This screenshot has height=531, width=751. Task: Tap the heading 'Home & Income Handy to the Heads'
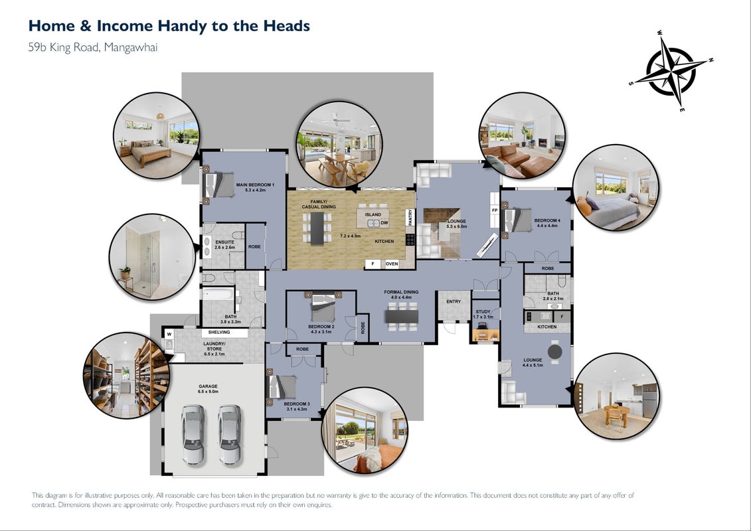169,26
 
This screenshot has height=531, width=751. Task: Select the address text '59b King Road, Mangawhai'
93,47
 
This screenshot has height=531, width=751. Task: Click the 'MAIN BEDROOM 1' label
255,185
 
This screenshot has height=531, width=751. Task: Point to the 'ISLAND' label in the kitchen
373,214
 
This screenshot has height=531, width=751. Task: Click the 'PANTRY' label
410,218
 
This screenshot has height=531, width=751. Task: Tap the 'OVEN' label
392,264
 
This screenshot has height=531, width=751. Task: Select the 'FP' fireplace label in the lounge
495,210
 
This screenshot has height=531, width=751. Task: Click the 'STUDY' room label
483,312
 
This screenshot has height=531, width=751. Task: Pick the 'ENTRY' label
454,301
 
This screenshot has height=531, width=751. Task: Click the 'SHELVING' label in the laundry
219,333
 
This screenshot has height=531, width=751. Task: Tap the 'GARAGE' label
208,386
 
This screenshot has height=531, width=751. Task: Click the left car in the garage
193,435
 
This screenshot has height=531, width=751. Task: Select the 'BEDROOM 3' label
296,404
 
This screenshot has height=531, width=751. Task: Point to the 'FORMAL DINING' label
401,292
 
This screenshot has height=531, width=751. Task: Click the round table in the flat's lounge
555,352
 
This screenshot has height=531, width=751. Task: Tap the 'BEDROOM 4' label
547,221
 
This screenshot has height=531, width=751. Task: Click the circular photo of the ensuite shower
153,257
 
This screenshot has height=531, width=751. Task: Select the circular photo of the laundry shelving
127,376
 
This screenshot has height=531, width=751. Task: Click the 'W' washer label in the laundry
169,335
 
